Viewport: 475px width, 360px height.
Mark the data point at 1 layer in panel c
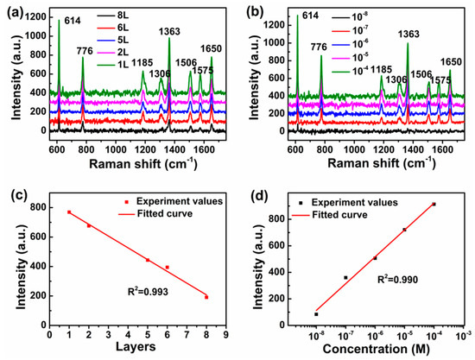[x=69, y=212]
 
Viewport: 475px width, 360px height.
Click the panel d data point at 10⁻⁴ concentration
[x=434, y=205]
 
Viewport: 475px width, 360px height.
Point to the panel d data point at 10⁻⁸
[x=316, y=314]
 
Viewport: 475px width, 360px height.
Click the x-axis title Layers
[x=137, y=351]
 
